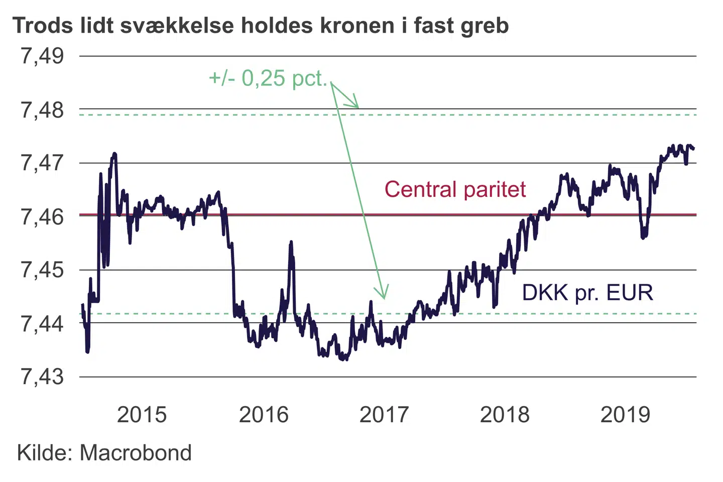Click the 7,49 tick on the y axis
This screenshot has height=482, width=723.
click(x=42, y=56)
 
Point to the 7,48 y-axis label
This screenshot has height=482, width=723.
click(x=42, y=109)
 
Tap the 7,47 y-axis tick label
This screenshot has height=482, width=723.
click(x=42, y=163)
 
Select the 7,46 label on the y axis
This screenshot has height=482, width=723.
click(x=42, y=216)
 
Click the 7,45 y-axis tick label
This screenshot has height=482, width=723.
click(x=42, y=270)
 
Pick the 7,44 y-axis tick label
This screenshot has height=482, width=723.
click(x=42, y=323)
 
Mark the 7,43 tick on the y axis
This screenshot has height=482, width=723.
click(x=42, y=377)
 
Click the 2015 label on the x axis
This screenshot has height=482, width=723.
click(x=142, y=415)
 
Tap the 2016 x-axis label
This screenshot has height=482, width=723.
click(x=264, y=415)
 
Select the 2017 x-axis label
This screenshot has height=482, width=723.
click(x=384, y=415)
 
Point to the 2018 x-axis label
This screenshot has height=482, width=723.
click(x=505, y=415)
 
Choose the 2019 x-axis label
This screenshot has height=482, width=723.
click(x=625, y=415)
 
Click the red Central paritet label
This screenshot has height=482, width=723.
click(x=455, y=190)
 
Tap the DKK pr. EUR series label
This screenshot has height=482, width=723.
click(x=587, y=292)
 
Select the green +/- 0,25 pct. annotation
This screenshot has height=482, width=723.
click(x=268, y=78)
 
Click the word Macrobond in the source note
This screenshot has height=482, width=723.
click(x=136, y=453)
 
